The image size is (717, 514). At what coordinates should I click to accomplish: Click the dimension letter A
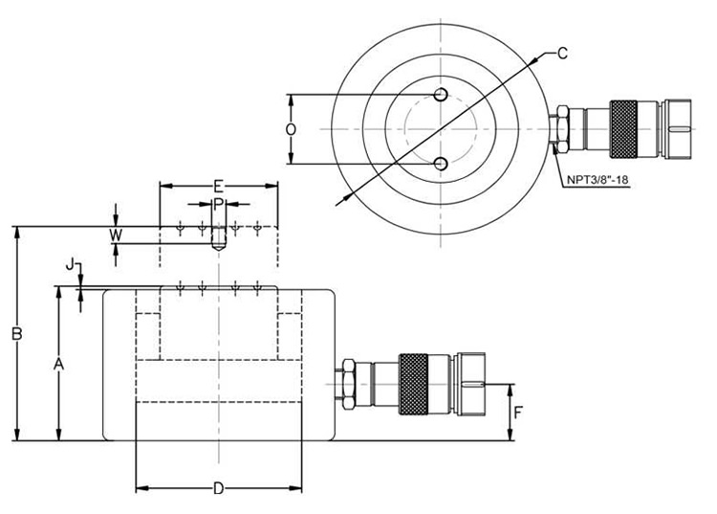coord(58,364)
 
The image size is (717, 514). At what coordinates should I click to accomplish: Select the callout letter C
coord(563,53)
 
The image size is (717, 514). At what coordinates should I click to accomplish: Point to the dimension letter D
coord(218,489)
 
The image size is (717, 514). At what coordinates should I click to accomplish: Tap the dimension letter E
coord(218,186)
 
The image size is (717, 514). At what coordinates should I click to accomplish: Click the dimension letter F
coord(519,413)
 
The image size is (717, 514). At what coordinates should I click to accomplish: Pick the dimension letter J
coord(70,263)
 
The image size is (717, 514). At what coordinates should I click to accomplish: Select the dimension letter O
coord(292,128)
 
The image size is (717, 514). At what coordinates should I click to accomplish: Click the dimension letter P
coord(218,204)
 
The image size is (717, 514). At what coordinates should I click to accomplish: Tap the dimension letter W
coord(116,235)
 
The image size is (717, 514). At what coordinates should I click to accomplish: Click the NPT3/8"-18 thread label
coord(598,179)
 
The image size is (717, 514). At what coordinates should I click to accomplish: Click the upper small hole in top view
coord(440,94)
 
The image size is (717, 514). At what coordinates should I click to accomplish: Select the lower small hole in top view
coord(440,164)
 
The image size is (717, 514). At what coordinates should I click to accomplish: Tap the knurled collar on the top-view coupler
coord(627,128)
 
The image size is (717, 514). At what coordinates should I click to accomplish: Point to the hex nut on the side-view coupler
coord(346,383)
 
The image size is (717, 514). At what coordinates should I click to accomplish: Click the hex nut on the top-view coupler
coord(564,129)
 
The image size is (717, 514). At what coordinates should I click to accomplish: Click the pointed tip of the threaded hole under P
coord(218,248)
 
